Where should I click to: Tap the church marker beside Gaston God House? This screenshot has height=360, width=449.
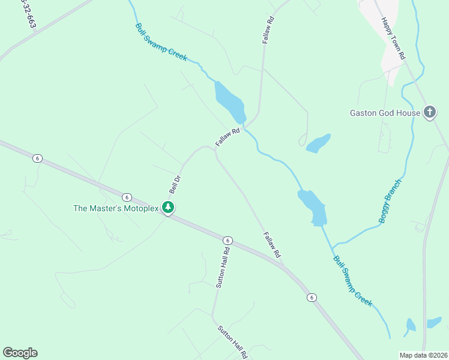coord(430,112)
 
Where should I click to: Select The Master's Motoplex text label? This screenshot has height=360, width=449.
coord(115,209)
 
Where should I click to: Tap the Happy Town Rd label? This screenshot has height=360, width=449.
coord(394,38)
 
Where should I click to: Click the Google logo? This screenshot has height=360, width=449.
coord(20,353)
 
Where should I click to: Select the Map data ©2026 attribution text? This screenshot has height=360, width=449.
coord(424,355)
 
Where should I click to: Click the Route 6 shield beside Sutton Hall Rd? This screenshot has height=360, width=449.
coord(228,240)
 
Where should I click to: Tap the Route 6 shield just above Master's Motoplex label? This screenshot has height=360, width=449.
coord(127,197)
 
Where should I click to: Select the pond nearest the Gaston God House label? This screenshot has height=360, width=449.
coord(318,143)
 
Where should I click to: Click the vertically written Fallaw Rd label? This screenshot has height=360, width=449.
coord(268,29)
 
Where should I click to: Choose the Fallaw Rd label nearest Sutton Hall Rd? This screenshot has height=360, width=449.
coord(272,245)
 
